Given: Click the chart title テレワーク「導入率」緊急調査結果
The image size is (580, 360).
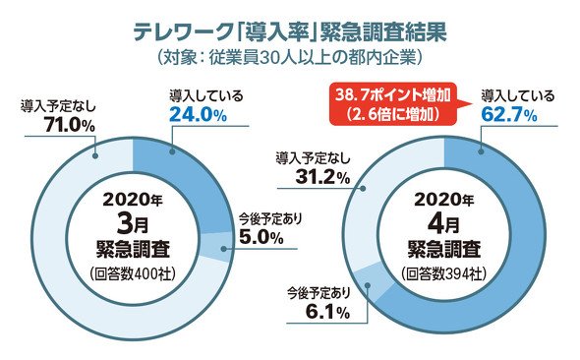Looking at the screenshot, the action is point(290,32).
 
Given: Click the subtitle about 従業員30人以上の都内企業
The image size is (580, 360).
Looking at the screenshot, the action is point(289,58).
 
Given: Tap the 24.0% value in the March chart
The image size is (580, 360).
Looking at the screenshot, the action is point(198,116).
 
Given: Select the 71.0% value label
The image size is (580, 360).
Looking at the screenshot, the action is point(70,125).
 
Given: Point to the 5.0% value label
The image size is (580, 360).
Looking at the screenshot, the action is point(261,237).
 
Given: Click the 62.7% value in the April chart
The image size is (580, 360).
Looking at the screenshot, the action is point(509,115).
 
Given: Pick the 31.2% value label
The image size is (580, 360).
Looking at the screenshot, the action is point(322,178).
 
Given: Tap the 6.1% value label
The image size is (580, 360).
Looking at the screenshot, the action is point(327,313).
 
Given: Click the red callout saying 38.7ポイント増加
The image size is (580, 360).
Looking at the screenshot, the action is point(392,104).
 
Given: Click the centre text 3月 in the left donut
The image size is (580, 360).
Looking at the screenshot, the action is point(133,224).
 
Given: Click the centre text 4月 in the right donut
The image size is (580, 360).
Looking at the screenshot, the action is point(443,224).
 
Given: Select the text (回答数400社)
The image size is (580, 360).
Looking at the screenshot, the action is point(133,274).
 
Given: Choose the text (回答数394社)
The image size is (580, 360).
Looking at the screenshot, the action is point(444,274).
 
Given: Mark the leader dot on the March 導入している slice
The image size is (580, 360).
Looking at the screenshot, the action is point(171,150).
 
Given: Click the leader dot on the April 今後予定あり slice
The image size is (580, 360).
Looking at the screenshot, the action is point(368,285).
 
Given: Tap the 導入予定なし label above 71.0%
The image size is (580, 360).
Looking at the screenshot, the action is point(58,106).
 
